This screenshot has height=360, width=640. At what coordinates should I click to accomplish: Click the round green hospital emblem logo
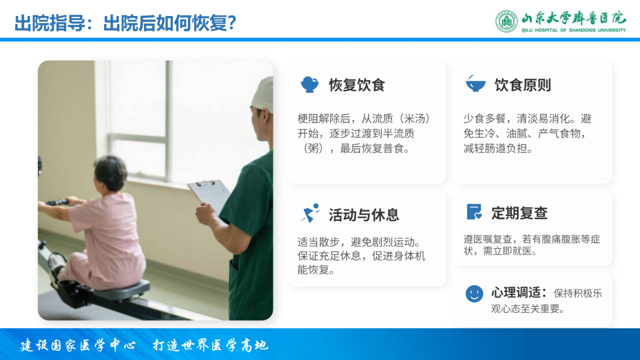point(506,21)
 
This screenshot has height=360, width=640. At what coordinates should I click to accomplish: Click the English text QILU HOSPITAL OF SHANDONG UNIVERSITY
point(573,30)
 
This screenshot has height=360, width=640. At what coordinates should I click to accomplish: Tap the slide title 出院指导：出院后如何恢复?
point(125,23)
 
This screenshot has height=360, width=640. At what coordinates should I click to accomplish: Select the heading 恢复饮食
point(357,85)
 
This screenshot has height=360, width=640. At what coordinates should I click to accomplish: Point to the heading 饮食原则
point(523,85)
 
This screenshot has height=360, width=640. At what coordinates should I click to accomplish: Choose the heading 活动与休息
point(364,215)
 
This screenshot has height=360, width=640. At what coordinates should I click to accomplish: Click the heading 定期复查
point(519,213)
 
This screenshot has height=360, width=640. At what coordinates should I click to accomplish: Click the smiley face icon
point(474,294)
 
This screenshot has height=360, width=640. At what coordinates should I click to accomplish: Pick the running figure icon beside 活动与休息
point(310,213)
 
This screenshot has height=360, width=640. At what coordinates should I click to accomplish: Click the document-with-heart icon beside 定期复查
point(474,212)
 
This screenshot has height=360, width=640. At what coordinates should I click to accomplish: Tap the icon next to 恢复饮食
point(309,85)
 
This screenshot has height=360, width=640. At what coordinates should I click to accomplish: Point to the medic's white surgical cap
point(263,94)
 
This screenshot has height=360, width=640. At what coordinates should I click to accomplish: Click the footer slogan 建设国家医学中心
point(78,345)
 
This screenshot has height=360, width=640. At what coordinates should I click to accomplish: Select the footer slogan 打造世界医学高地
point(211,345)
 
